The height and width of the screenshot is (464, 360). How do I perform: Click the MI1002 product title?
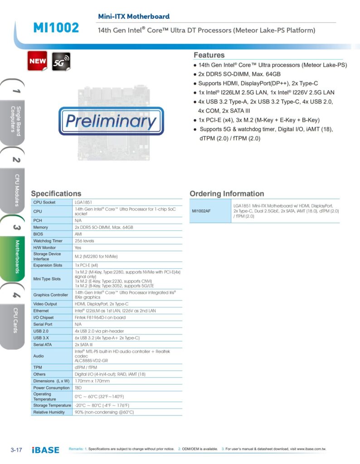point(56,28)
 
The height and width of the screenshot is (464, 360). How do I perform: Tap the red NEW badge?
point(37,61)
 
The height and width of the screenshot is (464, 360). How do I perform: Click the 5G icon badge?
point(61,61)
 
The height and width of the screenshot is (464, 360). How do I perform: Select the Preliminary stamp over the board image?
point(111,121)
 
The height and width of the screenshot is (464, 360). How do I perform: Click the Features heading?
point(209,55)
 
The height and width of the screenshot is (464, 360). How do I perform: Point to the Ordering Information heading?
point(227,193)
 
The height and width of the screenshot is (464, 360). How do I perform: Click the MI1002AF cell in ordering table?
point(201,211)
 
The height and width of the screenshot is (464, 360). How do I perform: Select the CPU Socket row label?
point(44,202)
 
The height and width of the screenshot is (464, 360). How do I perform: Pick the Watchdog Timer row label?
point(48,241)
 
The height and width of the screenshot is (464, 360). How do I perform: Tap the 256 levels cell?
point(85,241)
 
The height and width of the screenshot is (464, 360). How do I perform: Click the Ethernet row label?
point(41,311)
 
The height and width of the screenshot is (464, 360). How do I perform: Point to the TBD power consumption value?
point(78,388)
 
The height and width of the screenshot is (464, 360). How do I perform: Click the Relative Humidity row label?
point(49,412)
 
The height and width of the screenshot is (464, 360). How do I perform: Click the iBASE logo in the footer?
point(46,450)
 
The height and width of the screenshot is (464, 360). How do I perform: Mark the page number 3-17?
point(16,450)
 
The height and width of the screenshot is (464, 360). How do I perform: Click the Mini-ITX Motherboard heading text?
point(134,16)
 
